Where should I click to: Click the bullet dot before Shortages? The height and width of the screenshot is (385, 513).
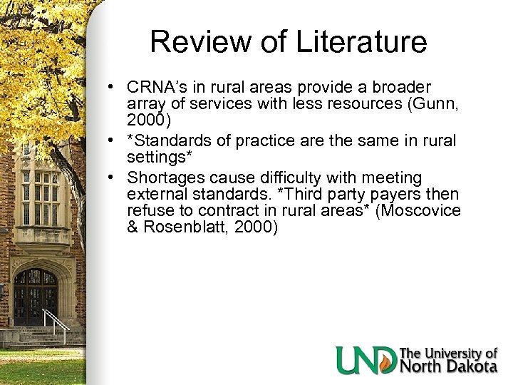click(x=114, y=176)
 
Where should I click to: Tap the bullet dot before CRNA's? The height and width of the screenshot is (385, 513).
click(x=114, y=86)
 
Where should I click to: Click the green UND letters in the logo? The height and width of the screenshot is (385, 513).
click(x=367, y=359)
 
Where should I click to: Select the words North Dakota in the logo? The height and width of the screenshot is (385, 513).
click(x=449, y=367)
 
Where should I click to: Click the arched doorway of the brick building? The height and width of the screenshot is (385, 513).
click(x=36, y=296)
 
